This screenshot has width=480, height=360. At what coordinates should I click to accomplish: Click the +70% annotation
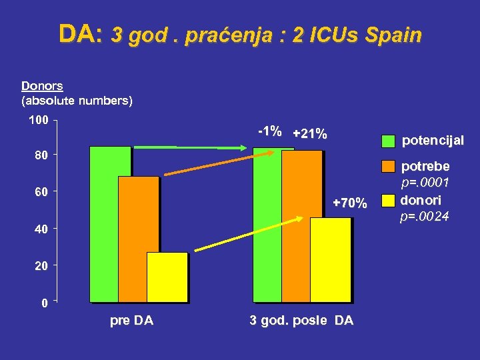click(350, 203)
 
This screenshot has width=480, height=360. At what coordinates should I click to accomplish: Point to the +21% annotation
click(310, 134)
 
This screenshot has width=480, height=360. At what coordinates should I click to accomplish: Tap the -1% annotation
click(269, 131)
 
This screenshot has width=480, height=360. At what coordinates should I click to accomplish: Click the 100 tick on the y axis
click(37, 121)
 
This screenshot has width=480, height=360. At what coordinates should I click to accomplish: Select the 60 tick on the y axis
click(41, 193)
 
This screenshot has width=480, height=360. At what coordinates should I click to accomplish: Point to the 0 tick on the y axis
click(44, 303)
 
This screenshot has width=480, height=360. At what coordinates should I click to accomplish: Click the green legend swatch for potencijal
click(389, 141)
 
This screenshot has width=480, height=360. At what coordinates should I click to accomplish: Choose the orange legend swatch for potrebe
click(389, 166)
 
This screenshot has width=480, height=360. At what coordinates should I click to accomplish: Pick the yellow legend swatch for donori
click(389, 200)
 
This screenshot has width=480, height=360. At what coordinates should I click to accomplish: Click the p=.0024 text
click(425, 216)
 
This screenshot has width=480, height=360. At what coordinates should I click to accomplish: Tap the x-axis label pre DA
click(131, 321)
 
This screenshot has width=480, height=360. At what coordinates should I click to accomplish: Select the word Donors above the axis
click(42, 85)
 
